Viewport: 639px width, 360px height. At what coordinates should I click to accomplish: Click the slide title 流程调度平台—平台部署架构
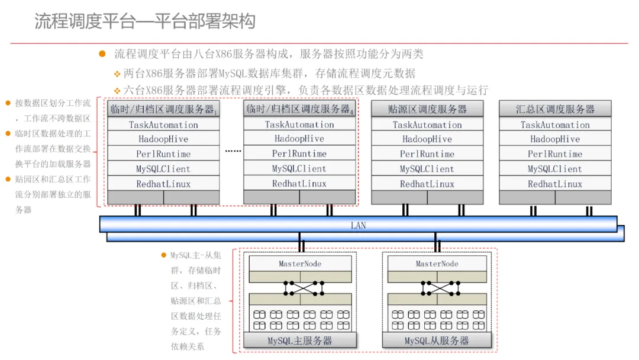[x=145, y=22]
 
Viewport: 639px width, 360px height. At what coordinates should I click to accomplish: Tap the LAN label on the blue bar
[x=358, y=226]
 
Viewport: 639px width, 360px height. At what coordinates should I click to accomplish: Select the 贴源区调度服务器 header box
[x=427, y=109]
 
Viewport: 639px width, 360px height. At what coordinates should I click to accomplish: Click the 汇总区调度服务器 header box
[x=555, y=109]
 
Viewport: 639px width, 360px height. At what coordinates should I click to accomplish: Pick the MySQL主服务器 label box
[x=299, y=340]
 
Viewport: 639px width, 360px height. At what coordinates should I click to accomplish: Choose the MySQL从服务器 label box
[x=437, y=340]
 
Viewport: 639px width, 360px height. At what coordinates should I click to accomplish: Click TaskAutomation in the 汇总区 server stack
[x=555, y=125]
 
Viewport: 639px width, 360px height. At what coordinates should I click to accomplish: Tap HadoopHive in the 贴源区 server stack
[x=427, y=139]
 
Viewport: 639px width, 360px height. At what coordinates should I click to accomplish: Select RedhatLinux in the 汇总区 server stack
[x=555, y=184]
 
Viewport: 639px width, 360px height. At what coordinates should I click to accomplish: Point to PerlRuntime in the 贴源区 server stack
[x=427, y=154]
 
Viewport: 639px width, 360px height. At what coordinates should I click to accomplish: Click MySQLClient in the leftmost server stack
[x=163, y=169]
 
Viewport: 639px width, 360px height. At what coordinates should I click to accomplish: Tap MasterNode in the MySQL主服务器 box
[x=300, y=263]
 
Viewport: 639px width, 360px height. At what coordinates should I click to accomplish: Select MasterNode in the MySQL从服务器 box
[x=437, y=263]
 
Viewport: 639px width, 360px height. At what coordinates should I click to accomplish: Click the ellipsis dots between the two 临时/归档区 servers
[x=233, y=151]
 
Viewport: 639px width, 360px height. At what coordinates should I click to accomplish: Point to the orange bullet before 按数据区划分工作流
[x=8, y=103]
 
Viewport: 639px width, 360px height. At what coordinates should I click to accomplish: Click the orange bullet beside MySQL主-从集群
[x=164, y=255]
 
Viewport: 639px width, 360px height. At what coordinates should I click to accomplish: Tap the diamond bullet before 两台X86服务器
[x=117, y=74]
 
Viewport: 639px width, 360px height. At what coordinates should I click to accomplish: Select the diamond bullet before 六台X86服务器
[x=117, y=91]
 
